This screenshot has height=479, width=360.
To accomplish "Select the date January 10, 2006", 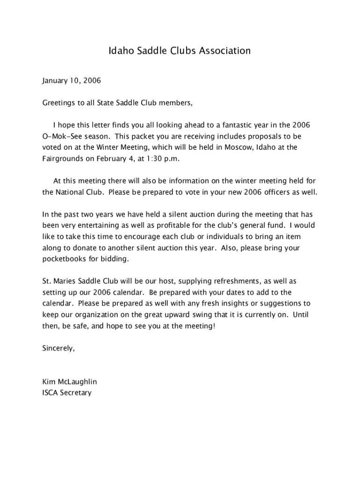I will pos(72,80).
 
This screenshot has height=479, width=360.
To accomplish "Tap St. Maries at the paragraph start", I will pos(58,281).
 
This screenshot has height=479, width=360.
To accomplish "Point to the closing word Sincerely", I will pos(58,348).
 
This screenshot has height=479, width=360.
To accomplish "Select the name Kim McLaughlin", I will pos(70,382).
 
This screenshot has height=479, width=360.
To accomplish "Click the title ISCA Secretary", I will pos(67,393).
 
